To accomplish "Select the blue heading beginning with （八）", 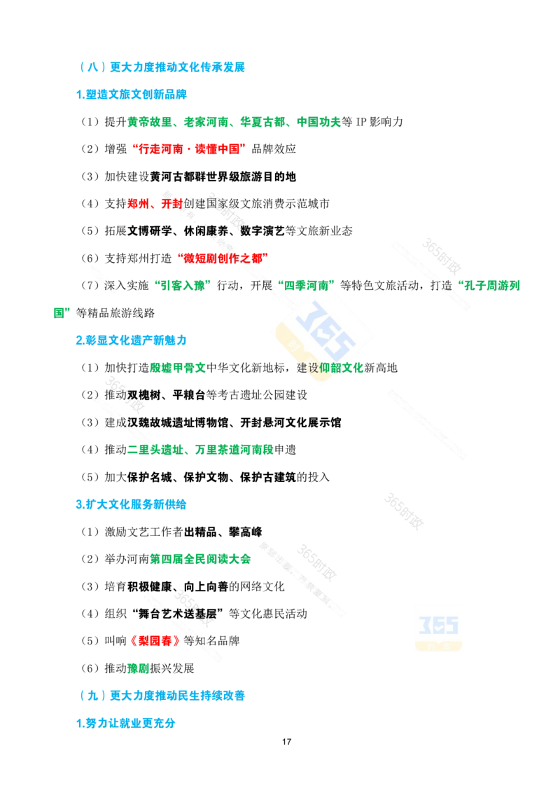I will (162, 68).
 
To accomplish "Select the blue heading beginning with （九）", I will (162, 696).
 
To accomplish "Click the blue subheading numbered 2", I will (131, 340).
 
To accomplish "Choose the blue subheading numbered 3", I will (131, 504).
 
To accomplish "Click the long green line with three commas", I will (233, 122).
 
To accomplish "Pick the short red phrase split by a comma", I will (155, 204).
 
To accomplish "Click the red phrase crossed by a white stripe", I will (223, 258).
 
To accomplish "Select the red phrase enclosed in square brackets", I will (154, 641).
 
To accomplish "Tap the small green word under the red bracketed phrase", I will (138, 669).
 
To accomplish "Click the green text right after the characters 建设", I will (342, 368).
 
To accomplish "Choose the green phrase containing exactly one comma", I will (200, 450).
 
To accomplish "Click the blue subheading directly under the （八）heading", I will (131, 94).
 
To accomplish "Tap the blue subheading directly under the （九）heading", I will (125, 722).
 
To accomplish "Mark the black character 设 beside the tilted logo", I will (313, 368).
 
